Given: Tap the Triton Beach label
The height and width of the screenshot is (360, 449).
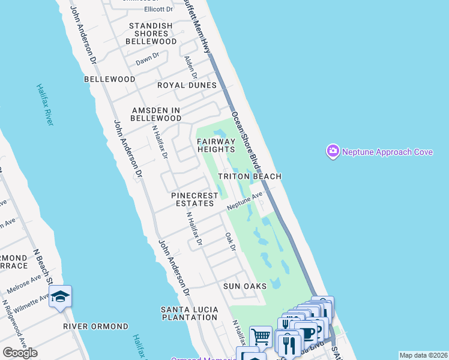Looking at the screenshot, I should [x=249, y=176].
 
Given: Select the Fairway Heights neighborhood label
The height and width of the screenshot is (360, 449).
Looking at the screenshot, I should [x=215, y=145].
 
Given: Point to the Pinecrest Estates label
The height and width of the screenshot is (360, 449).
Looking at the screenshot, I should [x=192, y=199].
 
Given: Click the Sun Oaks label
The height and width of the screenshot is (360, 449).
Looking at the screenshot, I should [x=244, y=286].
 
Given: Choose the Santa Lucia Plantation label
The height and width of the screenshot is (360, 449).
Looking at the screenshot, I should [x=189, y=313].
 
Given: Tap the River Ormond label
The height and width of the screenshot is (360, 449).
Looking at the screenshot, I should [x=95, y=326].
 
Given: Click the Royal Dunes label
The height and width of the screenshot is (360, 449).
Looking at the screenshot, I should [x=187, y=85].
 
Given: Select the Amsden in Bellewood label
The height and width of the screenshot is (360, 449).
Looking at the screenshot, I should [x=157, y=114].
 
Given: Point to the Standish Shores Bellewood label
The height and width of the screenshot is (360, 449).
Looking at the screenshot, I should [x=151, y=34].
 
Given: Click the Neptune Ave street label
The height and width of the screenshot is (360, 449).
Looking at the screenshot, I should [x=245, y=201].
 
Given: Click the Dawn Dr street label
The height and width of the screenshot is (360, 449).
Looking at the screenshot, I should [x=147, y=59].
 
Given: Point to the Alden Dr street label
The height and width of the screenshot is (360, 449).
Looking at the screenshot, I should [x=190, y=67].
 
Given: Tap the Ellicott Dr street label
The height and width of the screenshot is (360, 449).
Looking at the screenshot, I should [x=158, y=10].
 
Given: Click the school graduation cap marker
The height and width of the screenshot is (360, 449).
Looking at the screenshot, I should [x=61, y=296].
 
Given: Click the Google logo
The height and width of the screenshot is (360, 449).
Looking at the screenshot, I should [x=20, y=353].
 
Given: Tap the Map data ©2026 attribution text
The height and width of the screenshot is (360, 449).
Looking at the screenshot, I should [x=423, y=355].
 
